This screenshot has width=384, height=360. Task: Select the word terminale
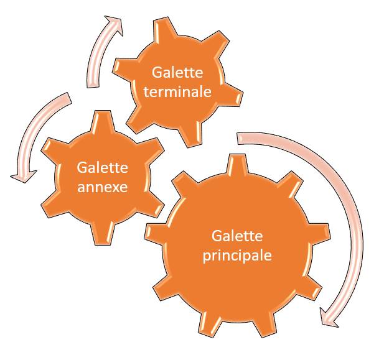[176, 92]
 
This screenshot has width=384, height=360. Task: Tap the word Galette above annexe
[102, 168]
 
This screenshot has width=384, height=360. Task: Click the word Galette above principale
[237, 237]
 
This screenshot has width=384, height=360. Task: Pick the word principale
[237, 255]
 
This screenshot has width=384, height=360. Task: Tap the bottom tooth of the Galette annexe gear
[103, 236]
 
